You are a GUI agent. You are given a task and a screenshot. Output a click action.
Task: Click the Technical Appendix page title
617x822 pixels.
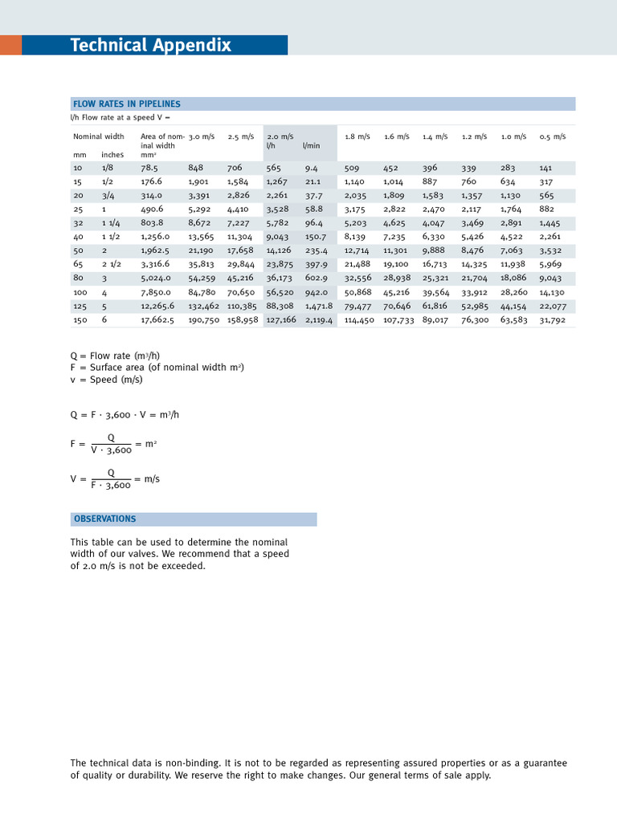pos(150,46)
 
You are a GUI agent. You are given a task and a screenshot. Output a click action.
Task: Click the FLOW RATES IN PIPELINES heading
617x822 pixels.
pos(127,104)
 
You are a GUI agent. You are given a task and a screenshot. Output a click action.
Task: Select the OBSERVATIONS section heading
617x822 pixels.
pos(105,519)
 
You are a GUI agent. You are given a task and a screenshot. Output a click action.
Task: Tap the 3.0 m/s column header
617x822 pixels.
pos(202,136)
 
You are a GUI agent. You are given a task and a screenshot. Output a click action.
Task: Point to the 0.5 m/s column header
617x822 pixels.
pos(553,136)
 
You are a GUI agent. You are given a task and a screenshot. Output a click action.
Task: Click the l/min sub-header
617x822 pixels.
pos(310,145)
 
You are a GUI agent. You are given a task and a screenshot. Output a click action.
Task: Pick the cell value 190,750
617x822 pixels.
pos(204,319)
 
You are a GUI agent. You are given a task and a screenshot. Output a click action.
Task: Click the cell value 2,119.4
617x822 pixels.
pos(319,319)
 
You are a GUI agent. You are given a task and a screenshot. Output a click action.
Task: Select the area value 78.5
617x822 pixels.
pos(149,169)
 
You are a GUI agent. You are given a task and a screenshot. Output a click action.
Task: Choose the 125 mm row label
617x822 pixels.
pos(79,306)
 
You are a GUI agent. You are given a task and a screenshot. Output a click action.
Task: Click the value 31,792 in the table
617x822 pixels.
pos(553,319)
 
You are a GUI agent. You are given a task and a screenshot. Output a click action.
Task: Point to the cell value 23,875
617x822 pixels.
pos(280,264)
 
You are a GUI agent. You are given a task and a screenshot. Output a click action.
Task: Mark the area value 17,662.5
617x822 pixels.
pos(157,319)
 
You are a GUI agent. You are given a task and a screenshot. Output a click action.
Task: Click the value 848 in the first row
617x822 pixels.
pos(196,169)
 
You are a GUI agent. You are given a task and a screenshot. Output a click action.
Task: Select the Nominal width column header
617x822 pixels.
pos(99,136)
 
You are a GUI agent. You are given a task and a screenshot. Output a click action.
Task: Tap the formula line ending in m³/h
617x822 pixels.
pos(125,415)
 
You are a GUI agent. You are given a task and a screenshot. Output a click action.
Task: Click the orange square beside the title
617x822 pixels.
pos(10,45)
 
